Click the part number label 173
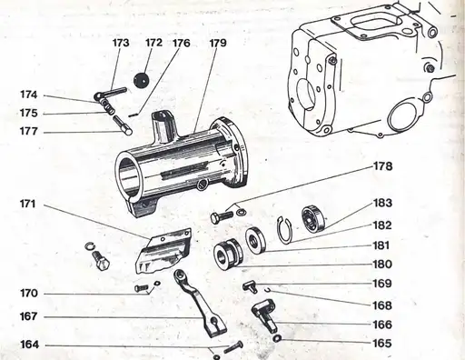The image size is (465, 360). point(121,43)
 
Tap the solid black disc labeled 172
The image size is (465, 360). point(142,80)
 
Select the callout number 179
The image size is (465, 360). point(218,43)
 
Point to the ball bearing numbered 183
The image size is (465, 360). point(314,219)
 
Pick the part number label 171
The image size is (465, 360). point(28,204)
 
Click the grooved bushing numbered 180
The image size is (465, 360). point(229,254)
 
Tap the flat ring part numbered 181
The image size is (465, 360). point(256,240)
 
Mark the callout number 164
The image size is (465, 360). point(29,345)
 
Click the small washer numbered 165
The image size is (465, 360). point(277,338)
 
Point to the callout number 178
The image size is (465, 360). point(382,166)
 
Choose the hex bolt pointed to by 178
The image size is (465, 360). point(222,217)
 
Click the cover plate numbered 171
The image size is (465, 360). point(163,251)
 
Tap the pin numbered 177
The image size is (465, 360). point(123,125)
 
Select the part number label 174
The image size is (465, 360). point(29,95)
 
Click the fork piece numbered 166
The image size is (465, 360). point(264,315)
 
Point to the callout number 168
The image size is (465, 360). point(382,305)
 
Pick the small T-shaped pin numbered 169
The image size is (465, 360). point(251,286)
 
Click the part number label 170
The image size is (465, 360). point(29,294)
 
